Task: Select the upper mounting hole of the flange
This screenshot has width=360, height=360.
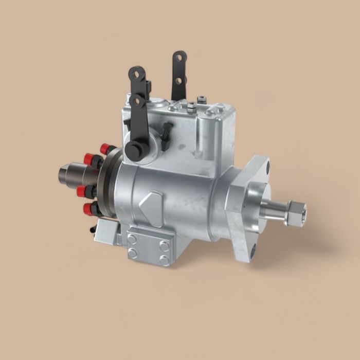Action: click(266, 168)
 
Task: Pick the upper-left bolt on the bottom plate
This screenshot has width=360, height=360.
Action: click(133, 238)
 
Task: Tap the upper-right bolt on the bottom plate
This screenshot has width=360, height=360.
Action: click(164, 244)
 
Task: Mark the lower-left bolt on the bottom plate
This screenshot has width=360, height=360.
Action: click(133, 253)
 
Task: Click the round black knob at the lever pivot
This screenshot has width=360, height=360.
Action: click(134, 150)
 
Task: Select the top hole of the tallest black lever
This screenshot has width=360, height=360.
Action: click(178, 58)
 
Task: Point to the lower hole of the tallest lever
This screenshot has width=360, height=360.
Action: click(178, 80)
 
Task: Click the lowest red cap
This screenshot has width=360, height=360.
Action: click(88, 209)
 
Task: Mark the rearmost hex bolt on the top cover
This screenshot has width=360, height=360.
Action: click(202, 98)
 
